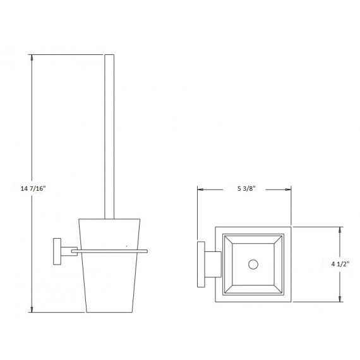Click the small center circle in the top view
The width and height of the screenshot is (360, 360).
[255, 265]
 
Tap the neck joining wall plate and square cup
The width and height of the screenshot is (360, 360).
[212, 265]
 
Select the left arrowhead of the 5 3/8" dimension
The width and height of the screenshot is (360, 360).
[200, 189]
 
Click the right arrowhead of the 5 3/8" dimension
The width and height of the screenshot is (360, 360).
[289, 189]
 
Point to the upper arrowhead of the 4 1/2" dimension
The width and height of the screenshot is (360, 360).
[341, 230]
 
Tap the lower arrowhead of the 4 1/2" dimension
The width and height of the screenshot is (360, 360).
[341, 300]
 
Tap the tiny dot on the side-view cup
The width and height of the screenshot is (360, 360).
[126, 245]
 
